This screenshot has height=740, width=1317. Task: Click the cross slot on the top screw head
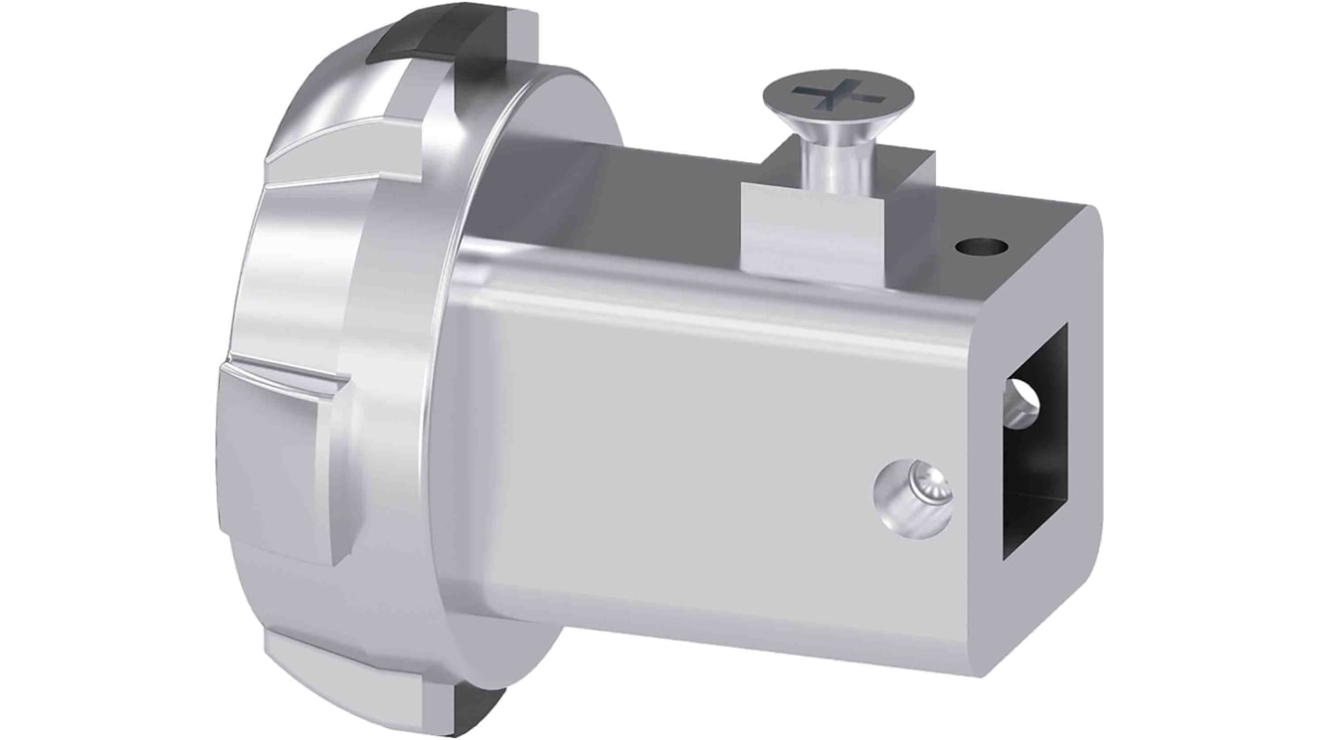pos(838,96)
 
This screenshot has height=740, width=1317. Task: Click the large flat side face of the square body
pos(705,464)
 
